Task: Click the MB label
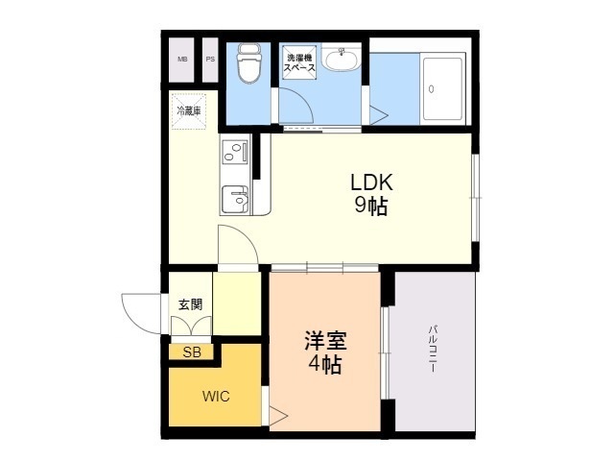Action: (182, 60)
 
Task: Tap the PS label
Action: (209, 60)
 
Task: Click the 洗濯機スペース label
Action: (300, 62)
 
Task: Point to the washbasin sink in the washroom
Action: (340, 61)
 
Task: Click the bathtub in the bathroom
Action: (443, 88)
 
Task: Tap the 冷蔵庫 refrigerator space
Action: (188, 110)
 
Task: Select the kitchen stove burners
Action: (234, 151)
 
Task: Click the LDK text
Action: (370, 183)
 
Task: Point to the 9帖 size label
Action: (370, 206)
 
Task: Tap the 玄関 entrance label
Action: (190, 304)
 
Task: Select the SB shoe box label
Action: (192, 352)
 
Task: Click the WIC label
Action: (215, 396)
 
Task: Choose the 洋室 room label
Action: (325, 341)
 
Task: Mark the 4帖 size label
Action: (325, 365)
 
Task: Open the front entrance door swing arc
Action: (139, 312)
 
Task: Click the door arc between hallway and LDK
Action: (236, 244)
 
